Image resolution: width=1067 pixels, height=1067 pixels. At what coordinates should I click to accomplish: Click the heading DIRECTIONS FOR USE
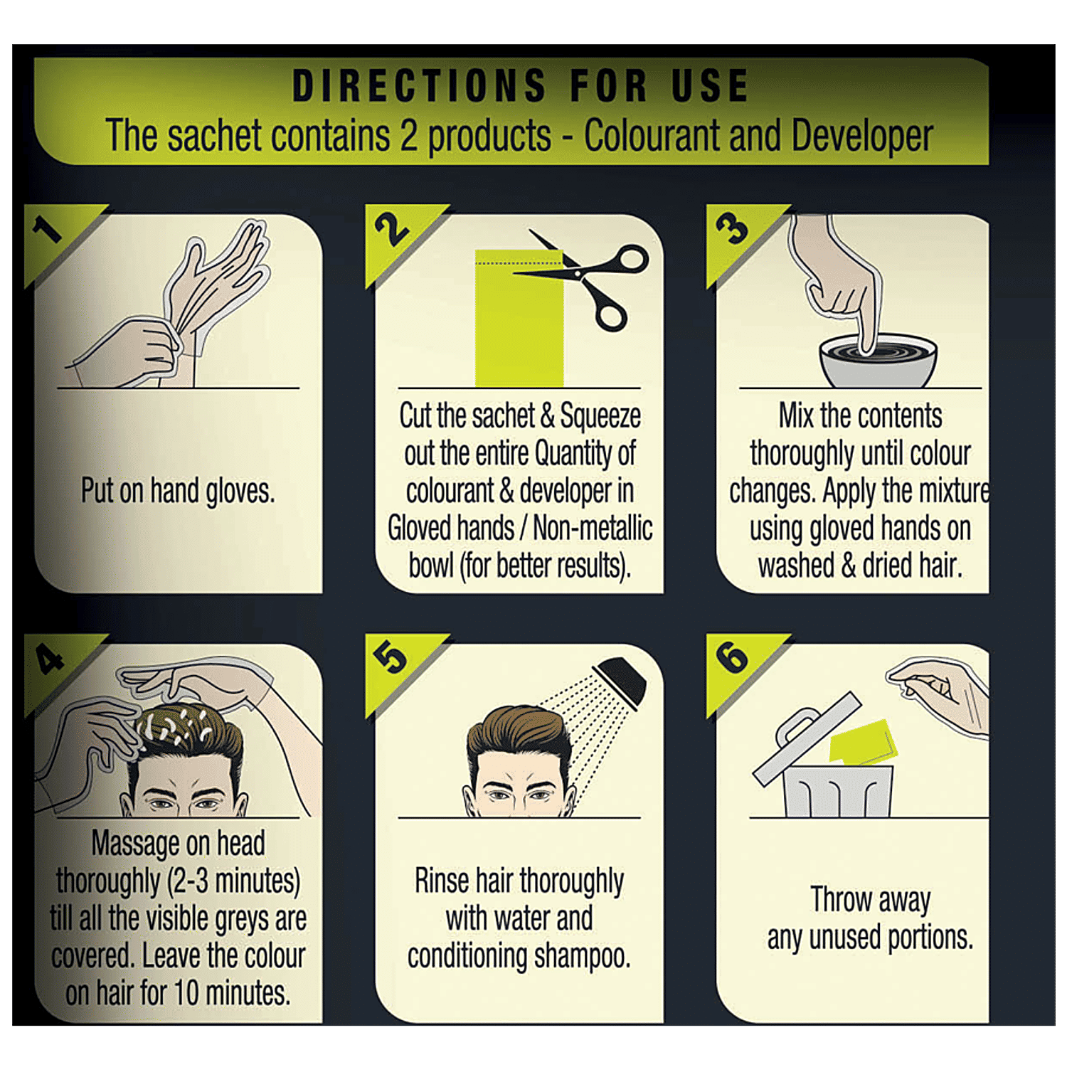click(x=521, y=85)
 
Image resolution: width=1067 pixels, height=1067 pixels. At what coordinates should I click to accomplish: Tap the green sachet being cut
click(x=519, y=319)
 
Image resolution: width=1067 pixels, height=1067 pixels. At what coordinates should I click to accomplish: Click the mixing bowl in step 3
click(x=878, y=361)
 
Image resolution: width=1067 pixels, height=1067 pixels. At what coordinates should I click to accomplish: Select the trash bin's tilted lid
click(x=807, y=740)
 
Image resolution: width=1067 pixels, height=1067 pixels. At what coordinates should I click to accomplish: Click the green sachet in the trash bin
click(x=862, y=742)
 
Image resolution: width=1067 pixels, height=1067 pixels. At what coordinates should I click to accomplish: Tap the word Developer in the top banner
click(x=862, y=136)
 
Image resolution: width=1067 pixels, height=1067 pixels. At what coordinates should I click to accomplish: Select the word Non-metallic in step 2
click(x=593, y=529)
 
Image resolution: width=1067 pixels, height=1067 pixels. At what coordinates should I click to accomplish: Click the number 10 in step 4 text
click(x=186, y=993)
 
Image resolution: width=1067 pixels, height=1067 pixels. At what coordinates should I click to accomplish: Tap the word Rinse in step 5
click(x=442, y=881)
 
